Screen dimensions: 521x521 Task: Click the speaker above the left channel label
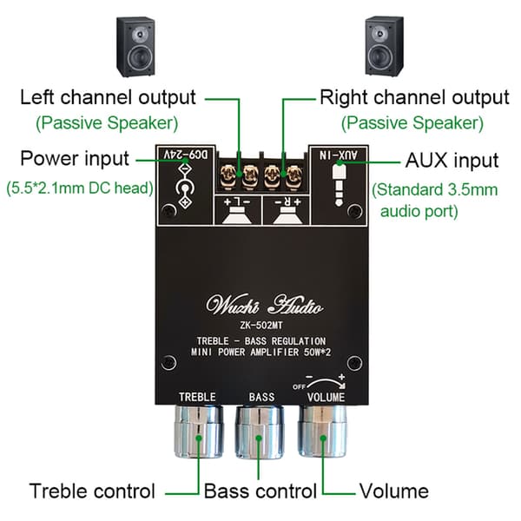[x=135, y=47]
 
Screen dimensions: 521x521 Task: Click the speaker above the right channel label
[x=385, y=46]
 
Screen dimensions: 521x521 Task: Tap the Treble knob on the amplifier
[x=198, y=432]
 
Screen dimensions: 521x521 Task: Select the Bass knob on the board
[x=260, y=432]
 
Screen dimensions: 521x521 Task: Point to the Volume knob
[x=322, y=431]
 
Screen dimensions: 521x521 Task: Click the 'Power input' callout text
[x=75, y=159]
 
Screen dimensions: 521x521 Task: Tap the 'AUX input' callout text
[x=452, y=161]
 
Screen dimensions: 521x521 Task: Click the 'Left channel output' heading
[x=108, y=97]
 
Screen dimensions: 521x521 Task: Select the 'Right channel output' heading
[x=414, y=97]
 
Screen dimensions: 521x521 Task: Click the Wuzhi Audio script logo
[x=264, y=305]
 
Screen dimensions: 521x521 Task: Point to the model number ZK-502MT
[x=261, y=326]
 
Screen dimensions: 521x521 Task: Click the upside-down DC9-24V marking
[x=186, y=155]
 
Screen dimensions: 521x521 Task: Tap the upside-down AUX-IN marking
[x=339, y=155]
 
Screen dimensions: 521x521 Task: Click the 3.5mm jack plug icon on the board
[x=339, y=185]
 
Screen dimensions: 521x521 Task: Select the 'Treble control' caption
[x=92, y=491]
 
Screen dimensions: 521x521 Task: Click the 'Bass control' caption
[x=260, y=491]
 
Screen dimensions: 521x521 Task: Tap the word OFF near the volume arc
[x=299, y=386]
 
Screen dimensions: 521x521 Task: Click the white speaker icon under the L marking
[x=236, y=215]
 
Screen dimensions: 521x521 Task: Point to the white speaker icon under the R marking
[x=287, y=215]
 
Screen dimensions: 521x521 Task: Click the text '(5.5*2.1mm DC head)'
[x=80, y=188]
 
